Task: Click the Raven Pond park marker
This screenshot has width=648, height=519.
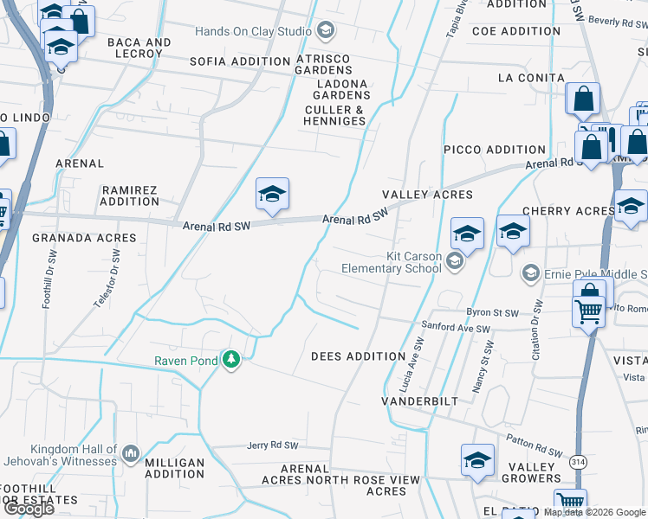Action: (x=230, y=359)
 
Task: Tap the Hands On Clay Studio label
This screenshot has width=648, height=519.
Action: (x=253, y=32)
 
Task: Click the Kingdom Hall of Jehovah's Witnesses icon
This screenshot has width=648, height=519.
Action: (x=131, y=453)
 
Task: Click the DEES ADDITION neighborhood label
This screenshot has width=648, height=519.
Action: (x=358, y=356)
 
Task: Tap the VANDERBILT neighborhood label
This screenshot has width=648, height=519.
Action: (x=418, y=402)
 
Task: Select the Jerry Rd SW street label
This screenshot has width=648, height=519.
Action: (x=272, y=445)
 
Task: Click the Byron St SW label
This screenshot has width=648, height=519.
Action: (x=492, y=312)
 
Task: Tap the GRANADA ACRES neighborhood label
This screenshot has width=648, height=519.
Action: (x=84, y=238)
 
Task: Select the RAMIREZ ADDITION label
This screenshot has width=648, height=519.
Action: (x=129, y=195)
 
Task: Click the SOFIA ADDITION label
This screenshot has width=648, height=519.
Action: (x=239, y=61)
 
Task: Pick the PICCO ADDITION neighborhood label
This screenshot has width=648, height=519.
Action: (x=495, y=150)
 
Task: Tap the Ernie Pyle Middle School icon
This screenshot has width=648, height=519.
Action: (x=530, y=274)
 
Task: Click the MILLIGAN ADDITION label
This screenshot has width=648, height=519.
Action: (x=174, y=468)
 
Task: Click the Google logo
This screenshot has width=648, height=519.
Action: (x=28, y=509)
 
